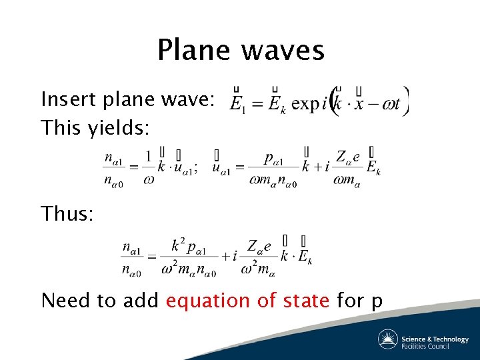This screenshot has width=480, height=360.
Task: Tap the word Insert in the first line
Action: click(67, 100)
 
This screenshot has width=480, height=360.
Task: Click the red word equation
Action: click(205, 301)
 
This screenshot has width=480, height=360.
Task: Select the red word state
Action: click(303, 301)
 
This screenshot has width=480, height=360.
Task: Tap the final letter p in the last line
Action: click(377, 303)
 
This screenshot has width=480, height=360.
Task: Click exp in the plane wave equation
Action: click(306, 103)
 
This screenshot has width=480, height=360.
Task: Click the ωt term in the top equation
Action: click(393, 103)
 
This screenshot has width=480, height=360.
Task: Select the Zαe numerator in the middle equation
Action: click(348, 158)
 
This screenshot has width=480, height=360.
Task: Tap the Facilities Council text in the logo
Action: click(425, 346)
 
